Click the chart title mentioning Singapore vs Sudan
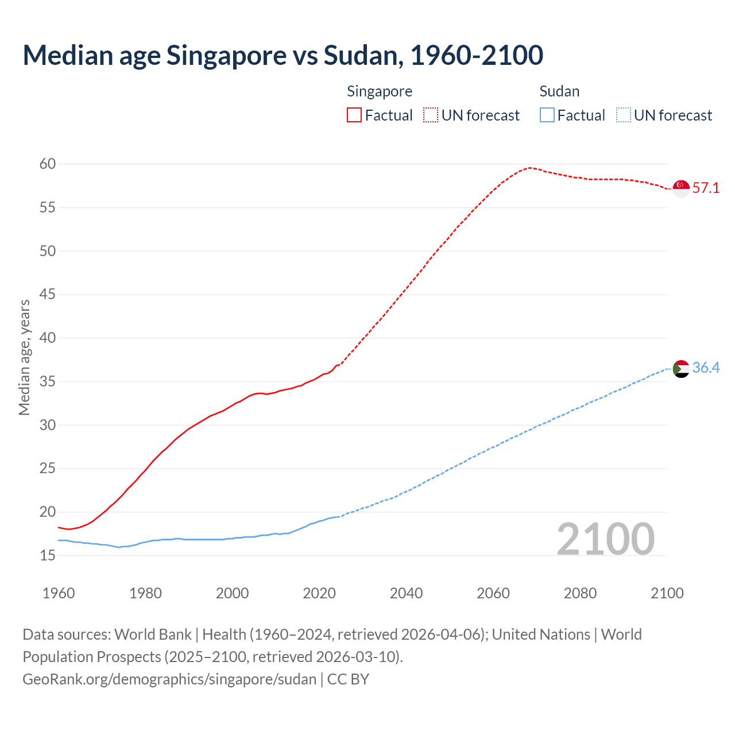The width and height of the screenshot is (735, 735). (283, 55)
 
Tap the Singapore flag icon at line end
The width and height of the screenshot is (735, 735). (681, 188)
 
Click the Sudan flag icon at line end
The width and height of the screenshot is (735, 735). (681, 369)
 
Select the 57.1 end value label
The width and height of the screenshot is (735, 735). (706, 188)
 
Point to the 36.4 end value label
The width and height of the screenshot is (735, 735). (706, 368)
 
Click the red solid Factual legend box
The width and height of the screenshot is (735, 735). (354, 115)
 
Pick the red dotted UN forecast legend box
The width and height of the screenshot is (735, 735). (431, 115)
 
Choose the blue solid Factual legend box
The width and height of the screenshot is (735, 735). (547, 115)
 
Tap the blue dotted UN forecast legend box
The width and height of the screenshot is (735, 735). (624, 115)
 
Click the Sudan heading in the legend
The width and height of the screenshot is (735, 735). (559, 91)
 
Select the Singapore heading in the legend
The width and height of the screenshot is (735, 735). (380, 91)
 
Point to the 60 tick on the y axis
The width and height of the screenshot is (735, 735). (48, 164)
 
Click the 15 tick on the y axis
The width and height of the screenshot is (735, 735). (48, 555)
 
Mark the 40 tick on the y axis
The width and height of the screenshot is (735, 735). (48, 338)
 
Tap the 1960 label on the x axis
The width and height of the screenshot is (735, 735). (59, 593)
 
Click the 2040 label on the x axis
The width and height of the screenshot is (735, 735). (406, 593)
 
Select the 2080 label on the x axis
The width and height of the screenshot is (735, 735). (580, 593)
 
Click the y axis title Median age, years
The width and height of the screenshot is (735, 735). (24, 357)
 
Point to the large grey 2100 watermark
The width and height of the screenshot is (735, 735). (606, 539)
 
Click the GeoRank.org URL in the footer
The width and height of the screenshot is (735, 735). (169, 679)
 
